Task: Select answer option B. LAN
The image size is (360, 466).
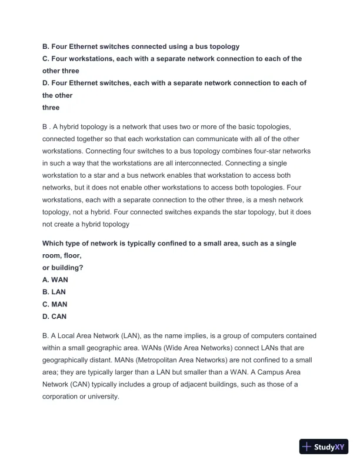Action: click(x=54, y=292)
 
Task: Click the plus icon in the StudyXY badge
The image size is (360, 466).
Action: click(x=306, y=447)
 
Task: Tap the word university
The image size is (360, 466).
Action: click(x=102, y=397)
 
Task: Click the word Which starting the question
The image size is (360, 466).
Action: click(x=54, y=244)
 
